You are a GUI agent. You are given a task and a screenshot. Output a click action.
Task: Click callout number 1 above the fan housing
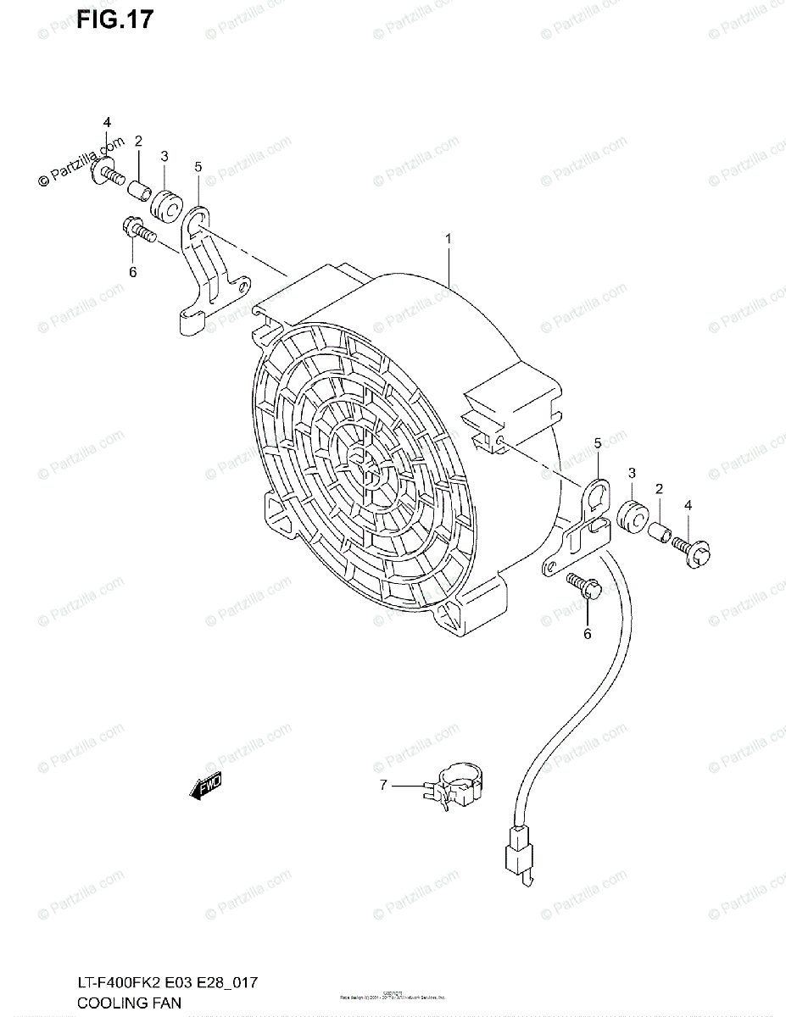tap(449, 240)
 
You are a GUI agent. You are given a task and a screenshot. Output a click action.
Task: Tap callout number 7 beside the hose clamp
tap(383, 786)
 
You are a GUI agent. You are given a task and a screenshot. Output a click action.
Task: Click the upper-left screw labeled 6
tap(140, 231)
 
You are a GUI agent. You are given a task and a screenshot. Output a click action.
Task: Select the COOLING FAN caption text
tap(127, 1003)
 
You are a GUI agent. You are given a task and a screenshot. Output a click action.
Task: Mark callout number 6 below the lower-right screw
tap(586, 632)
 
